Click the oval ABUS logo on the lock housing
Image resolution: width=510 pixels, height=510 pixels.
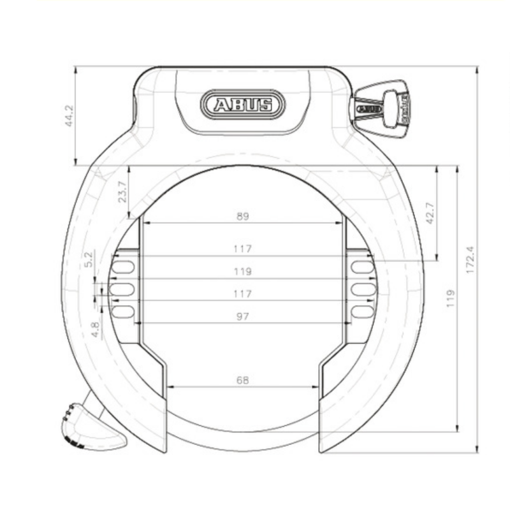242,104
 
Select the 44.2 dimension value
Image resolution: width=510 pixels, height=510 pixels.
70,117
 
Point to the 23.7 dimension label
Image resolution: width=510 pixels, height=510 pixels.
123,191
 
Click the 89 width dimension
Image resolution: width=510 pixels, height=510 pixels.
242,216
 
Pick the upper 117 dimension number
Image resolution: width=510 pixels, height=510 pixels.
242,249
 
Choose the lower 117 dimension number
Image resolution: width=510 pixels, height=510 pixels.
242,294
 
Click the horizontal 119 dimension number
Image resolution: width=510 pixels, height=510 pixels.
242,271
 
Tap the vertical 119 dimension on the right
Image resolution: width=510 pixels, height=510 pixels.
451,299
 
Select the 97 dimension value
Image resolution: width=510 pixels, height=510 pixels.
242,316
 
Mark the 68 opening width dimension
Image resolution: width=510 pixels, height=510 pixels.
242,380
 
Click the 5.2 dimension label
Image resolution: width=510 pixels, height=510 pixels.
89,258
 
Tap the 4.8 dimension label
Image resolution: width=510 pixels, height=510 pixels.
95,329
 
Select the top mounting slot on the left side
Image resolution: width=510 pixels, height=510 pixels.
124,266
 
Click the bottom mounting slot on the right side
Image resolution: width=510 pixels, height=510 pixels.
361,312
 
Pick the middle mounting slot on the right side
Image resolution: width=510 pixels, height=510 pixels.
362,289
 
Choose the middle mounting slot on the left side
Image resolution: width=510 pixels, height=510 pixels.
123,289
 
